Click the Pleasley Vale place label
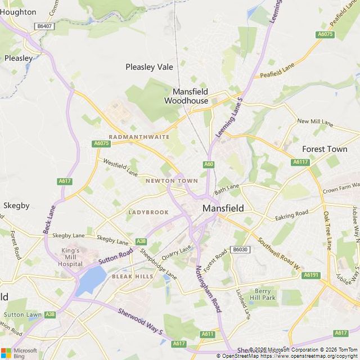click(149, 67)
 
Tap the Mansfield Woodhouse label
click(190, 96)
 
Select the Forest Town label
click(325, 149)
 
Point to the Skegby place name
click(16, 205)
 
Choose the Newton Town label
click(172, 181)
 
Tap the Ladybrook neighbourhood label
click(148, 212)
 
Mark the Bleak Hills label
click(132, 277)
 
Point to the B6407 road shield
click(43, 26)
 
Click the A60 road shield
click(209, 164)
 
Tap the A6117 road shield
click(300, 162)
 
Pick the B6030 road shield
click(240, 249)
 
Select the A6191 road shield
click(310, 275)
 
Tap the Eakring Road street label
click(292, 215)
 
